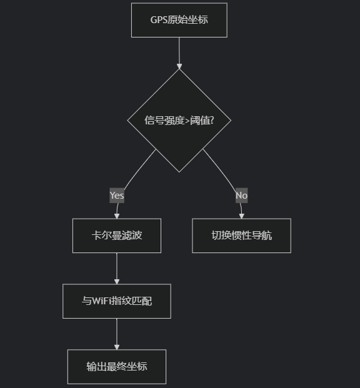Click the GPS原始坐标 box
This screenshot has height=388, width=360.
pyautogui.click(x=179, y=20)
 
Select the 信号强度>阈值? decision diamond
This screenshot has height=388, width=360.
pyautogui.click(x=179, y=121)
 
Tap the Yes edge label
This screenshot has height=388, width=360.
pyautogui.click(x=117, y=196)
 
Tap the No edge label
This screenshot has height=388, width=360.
pyautogui.click(x=241, y=196)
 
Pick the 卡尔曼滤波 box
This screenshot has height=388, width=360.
pyautogui.click(x=117, y=236)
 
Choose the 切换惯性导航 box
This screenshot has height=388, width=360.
pyautogui.click(x=241, y=236)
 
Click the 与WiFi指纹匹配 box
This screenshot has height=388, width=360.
pyautogui.click(x=117, y=301)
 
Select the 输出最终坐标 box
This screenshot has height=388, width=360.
pyautogui.click(x=117, y=367)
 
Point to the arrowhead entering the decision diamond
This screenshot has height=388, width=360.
pyautogui.click(x=179, y=66)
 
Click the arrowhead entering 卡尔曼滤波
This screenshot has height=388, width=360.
pyautogui.click(x=117, y=216)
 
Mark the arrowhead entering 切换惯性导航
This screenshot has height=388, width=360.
pyautogui.click(x=242, y=216)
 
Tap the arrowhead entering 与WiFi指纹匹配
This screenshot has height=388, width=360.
pyautogui.click(x=117, y=282)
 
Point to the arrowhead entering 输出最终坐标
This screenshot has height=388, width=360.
pyautogui.click(x=117, y=347)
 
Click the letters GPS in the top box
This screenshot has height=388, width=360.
pyautogui.click(x=159, y=20)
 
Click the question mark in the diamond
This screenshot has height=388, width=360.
pyautogui.click(x=211, y=121)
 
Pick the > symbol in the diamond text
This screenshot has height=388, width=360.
pyautogui.click(x=187, y=121)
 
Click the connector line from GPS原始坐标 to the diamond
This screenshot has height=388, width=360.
pyautogui.click(x=179, y=51)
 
